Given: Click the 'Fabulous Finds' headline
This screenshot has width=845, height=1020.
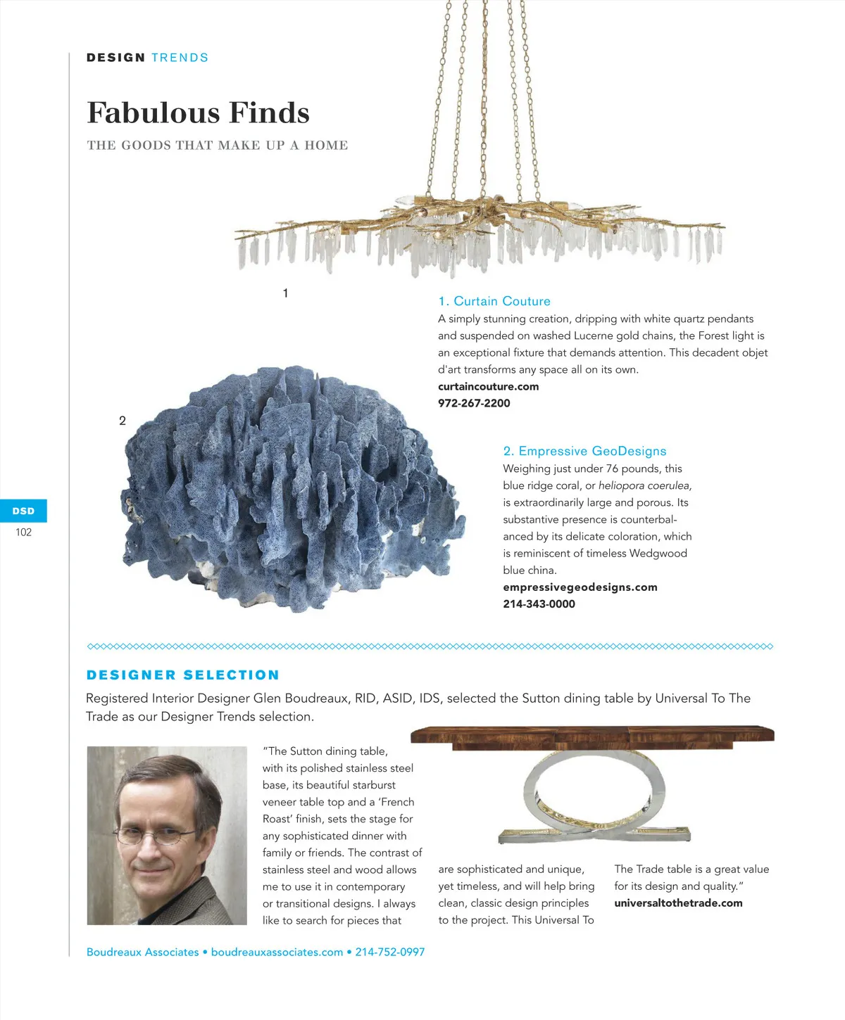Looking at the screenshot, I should click(198, 113).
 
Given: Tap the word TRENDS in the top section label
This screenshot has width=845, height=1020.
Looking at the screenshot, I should click(180, 58).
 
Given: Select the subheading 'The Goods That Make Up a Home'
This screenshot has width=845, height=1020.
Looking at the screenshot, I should click(218, 146).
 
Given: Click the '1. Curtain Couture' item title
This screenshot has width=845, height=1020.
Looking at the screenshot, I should click(494, 301).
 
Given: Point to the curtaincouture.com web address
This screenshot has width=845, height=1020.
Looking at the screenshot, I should click(488, 386).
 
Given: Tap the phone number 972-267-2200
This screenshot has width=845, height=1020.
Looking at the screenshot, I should click(474, 403).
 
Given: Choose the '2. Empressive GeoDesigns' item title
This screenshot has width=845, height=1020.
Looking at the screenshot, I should click(584, 451).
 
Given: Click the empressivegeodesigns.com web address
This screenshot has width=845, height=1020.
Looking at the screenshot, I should click(580, 587).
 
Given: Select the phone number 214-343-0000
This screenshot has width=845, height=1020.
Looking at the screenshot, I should click(539, 604).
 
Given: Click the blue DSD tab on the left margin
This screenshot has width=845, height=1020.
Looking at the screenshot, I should click(23, 511).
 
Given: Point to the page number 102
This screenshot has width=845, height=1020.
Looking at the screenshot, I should click(23, 533).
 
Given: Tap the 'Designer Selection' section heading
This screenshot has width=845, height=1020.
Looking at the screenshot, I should click(183, 675).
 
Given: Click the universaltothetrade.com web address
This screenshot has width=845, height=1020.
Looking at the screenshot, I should click(678, 903).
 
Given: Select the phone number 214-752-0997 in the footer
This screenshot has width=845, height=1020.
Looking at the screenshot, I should click(389, 952).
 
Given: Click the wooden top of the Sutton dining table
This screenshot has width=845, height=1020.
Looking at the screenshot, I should click(591, 735).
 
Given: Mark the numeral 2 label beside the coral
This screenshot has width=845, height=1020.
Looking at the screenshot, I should click(123, 421).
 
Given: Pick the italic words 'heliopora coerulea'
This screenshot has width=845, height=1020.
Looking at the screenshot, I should click(644, 485).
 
